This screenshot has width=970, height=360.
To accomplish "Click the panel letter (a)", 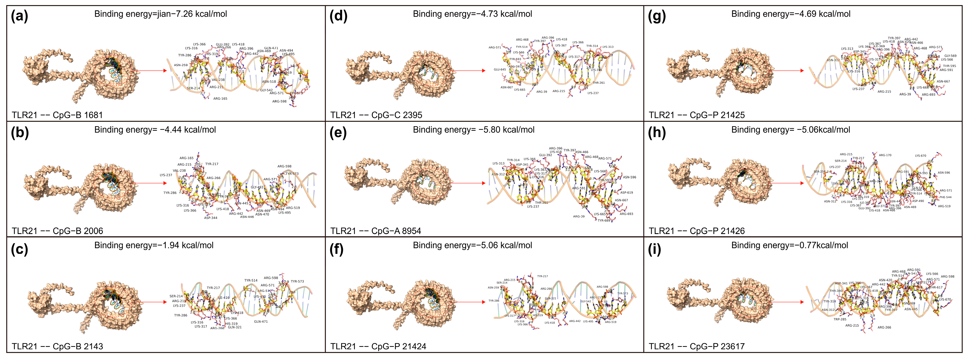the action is pos(20,17).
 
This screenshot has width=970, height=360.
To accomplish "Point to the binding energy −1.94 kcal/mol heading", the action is pos(154,246).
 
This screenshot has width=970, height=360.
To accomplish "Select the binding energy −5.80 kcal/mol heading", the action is pos(473,130).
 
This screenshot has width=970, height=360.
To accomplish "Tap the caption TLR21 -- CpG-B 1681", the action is pos(57,115).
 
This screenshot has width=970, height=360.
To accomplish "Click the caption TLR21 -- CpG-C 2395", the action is pos(376,115).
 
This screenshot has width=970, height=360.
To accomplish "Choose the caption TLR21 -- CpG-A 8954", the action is pos(376,231).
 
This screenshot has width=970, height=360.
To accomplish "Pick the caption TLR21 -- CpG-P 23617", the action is pos(697,346).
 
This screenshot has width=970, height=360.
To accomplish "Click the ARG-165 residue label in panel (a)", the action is pos(220,99).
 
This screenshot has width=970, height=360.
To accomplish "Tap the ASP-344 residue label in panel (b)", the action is pos(210,218).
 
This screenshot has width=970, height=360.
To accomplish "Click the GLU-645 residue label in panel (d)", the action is pos(500,70).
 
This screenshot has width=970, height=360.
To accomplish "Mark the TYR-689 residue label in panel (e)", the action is pos(604,221).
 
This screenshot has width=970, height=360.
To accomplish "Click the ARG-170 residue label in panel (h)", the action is pos(885,155).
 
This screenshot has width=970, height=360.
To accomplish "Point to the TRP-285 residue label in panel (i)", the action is pos(840,319).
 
